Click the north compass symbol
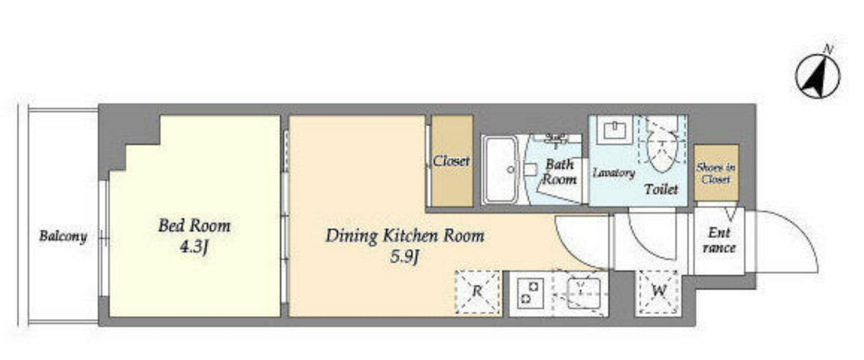point(818,76)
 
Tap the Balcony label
point(63,236)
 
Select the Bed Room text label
point(195,226)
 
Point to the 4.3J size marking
point(195,247)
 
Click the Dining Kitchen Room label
point(405,235)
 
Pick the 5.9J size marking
point(404,257)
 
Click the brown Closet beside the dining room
point(452,161)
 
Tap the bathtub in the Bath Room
point(501,170)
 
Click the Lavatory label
point(614,172)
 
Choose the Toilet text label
point(661,189)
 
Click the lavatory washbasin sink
point(615,130)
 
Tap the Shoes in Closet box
point(716,173)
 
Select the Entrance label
point(720,240)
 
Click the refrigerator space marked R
point(477,292)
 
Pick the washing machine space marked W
point(658,292)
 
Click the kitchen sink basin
point(583,293)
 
